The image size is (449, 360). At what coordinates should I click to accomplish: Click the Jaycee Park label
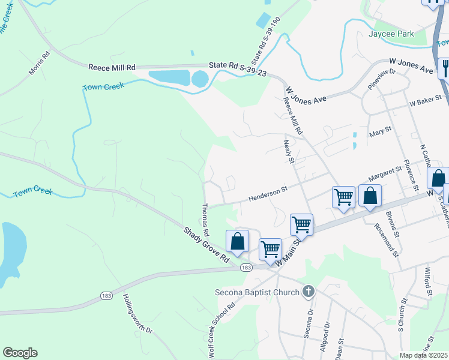pos(392,34)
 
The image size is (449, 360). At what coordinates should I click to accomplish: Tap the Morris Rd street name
pos(39,63)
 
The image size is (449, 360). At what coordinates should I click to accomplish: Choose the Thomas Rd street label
pos(205,220)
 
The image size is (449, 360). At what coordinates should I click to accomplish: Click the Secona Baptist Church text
pos(257,292)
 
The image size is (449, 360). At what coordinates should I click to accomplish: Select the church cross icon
pos(309,292)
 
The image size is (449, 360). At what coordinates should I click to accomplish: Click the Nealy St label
pos(288,151)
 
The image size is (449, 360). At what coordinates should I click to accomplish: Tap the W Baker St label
pos(426,103)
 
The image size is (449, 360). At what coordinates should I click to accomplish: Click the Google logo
pos(20,353)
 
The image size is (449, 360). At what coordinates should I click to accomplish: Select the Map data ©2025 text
pos(423,355)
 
